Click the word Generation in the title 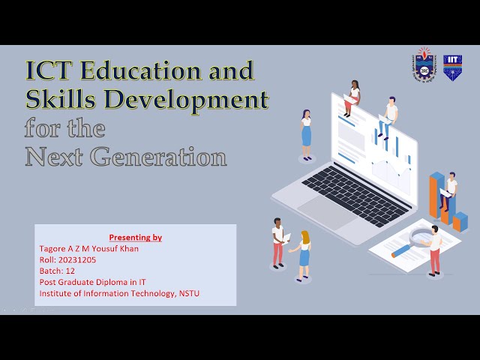tap(160, 157)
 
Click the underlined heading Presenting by tap(135, 237)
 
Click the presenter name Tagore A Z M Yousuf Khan tap(88, 248)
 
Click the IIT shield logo tap(452, 67)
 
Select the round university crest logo tap(424, 67)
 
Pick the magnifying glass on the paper tap(412, 239)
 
